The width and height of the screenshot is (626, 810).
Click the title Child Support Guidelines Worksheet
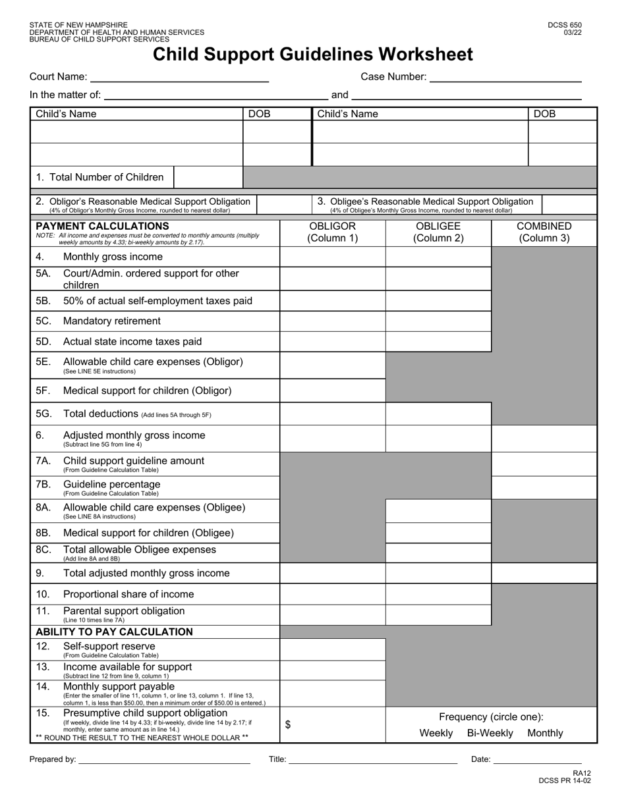(x=313, y=55)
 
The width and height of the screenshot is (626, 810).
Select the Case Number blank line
(x=505, y=77)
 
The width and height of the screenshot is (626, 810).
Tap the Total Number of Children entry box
(x=208, y=177)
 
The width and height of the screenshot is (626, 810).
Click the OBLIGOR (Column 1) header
(x=333, y=232)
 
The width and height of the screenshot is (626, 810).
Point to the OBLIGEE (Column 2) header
(x=438, y=232)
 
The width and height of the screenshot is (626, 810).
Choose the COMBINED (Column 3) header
(x=544, y=232)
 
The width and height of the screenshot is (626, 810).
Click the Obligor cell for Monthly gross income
(x=333, y=257)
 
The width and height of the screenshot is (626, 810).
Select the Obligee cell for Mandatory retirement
(x=438, y=321)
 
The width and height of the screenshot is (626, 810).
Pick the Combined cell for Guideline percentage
(x=544, y=488)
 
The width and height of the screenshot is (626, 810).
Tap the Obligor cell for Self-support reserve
(x=333, y=649)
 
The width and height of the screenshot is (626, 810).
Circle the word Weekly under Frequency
(x=436, y=733)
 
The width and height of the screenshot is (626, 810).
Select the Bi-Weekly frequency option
(x=490, y=733)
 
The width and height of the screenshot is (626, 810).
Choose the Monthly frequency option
(x=546, y=733)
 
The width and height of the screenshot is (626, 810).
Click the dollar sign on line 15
(x=288, y=724)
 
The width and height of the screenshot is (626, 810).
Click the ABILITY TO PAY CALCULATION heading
(x=114, y=632)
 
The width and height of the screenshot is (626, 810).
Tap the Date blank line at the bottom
(x=537, y=760)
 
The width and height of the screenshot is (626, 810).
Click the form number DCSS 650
(x=565, y=26)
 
